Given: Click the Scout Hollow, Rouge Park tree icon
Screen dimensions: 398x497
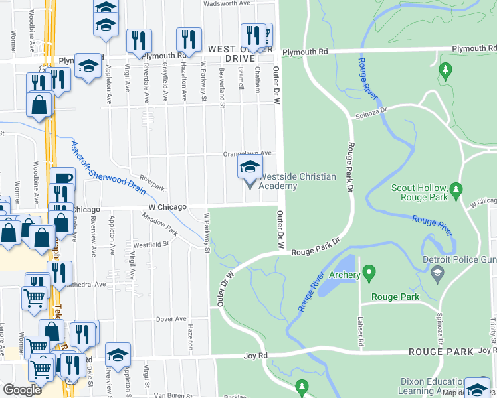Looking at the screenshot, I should [455, 191].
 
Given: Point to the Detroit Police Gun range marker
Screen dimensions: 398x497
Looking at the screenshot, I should [437, 272].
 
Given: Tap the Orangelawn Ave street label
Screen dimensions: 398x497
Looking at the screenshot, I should [247, 153].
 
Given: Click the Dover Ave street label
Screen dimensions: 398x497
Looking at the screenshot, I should [171, 319].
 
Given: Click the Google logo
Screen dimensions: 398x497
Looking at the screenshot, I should [22, 390].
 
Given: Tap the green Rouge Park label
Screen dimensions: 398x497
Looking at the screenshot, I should [395, 297].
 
